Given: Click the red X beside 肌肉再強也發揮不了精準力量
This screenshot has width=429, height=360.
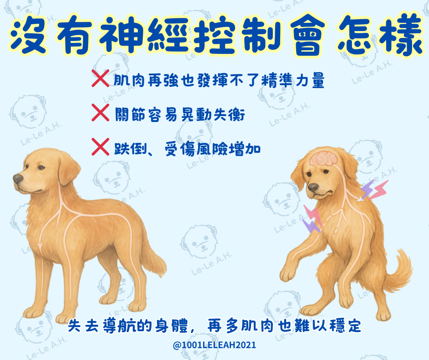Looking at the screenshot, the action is point(100,79).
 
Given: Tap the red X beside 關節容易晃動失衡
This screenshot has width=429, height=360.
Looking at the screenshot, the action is point(100,112).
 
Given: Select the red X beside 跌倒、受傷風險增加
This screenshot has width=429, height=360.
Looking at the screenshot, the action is point(100,147).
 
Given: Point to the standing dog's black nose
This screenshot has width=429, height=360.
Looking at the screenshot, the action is point(18,179).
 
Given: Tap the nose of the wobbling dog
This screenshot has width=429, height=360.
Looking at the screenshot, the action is point(313,187).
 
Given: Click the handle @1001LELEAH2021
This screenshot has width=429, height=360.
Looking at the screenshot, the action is point(214,345).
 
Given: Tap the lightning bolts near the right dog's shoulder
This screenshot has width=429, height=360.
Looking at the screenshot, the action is point(374,190).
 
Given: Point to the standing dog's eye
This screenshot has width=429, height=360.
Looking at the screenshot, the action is point(41,167).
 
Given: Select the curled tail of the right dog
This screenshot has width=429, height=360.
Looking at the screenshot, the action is point(399,270).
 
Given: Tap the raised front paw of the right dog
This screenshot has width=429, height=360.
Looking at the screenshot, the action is point(287,274).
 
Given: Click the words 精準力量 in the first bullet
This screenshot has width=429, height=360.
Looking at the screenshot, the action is point(293,80).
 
